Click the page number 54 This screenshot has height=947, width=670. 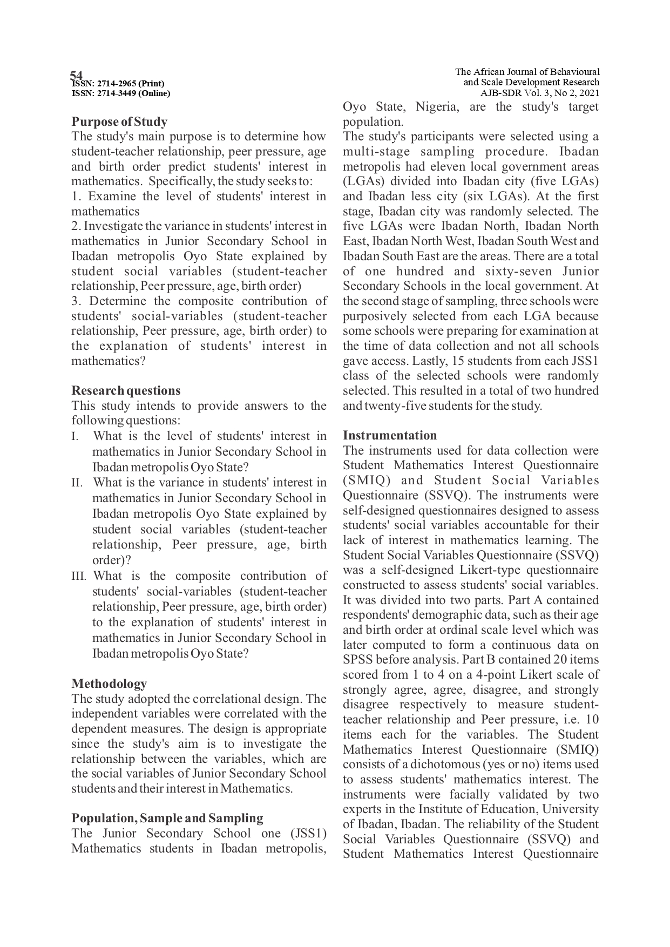[77, 75]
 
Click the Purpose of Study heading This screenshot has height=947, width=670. [119, 121]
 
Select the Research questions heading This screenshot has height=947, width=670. [126, 390]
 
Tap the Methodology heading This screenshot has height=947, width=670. [109, 684]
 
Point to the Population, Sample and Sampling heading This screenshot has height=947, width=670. [167, 818]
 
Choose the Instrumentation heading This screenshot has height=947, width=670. [390, 435]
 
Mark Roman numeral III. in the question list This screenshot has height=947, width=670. [79, 576]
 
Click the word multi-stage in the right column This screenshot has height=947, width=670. [374, 152]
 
